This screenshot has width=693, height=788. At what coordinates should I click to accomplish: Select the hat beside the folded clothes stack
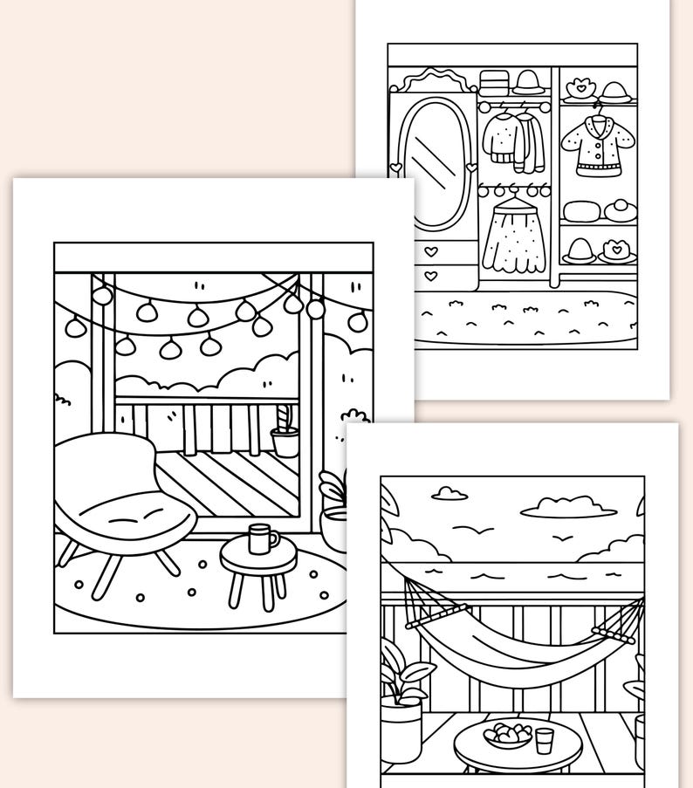point(528,84)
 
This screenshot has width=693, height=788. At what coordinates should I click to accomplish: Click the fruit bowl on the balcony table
point(505,735)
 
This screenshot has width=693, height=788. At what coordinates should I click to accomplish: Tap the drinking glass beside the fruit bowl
point(544,739)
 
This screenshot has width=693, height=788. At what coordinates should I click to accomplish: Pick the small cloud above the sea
point(449,494)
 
